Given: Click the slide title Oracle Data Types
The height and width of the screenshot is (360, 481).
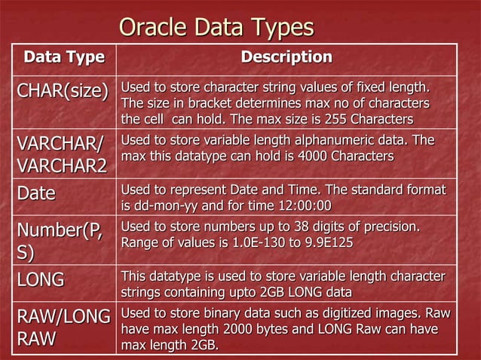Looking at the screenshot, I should point(216,28).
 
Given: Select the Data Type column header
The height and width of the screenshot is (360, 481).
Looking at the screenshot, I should point(64,57).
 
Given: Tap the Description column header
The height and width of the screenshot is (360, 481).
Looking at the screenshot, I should point(286,57).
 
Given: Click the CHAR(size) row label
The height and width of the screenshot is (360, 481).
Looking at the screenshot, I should point(63,92).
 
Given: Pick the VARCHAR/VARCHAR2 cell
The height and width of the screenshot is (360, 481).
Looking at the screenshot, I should point(63,154).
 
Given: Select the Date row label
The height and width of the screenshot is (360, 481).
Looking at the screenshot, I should point(37,194).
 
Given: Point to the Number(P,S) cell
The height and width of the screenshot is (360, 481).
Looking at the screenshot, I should point(63,239).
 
